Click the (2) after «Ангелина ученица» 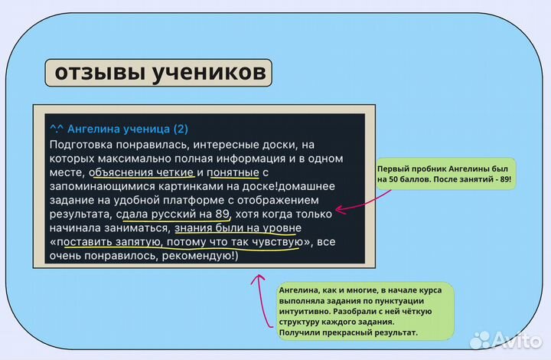click(x=181, y=128)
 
